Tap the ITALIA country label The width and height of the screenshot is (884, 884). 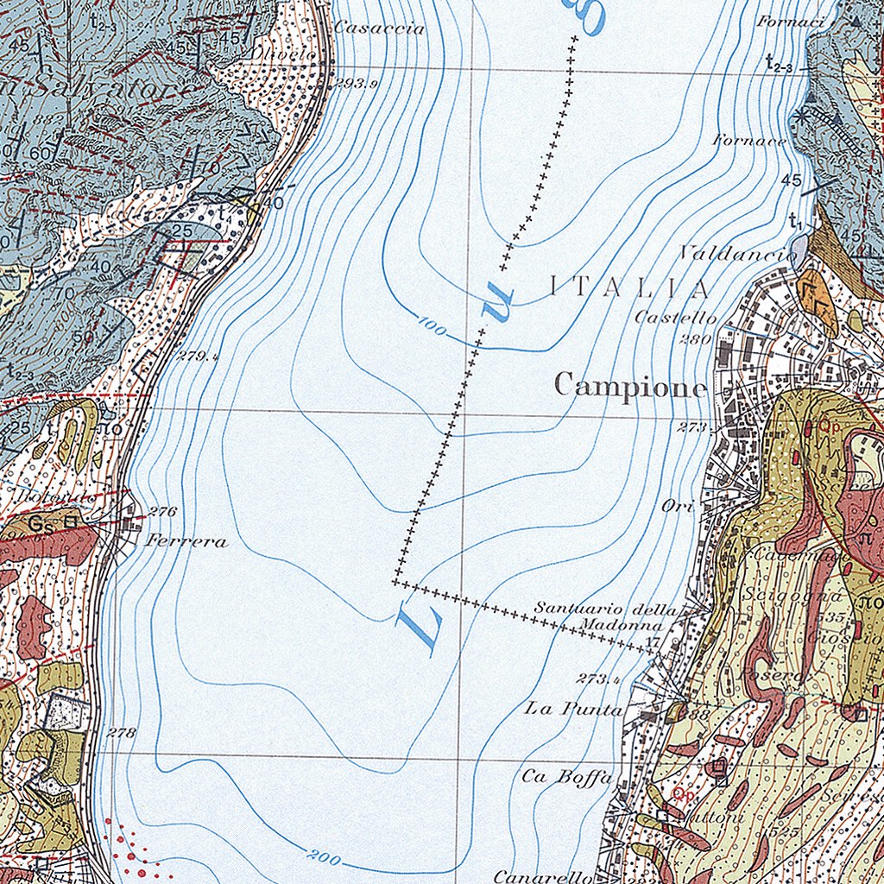click(x=629, y=288)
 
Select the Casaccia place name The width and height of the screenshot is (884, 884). click(x=379, y=28)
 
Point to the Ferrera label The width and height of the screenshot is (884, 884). click(x=186, y=541)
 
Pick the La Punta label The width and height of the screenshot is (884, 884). click(x=574, y=709)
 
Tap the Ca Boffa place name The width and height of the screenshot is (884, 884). click(x=566, y=776)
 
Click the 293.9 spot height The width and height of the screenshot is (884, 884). click(x=357, y=84)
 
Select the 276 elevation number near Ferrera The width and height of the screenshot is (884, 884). click(x=162, y=511)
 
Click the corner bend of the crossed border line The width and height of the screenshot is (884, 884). click(x=396, y=582)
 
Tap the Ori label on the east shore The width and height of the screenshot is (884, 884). click(x=678, y=507)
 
